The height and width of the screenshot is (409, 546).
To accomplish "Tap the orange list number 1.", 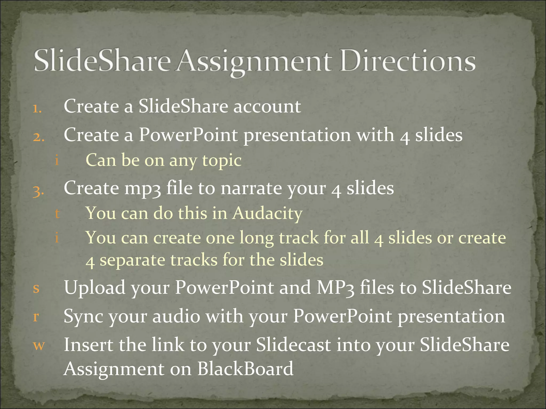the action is [x=37, y=109].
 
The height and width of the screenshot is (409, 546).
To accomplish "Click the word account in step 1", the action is [x=267, y=107].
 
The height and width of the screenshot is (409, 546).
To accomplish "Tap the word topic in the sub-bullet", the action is [x=222, y=161].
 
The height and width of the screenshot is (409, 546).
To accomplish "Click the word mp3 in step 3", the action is [x=143, y=189].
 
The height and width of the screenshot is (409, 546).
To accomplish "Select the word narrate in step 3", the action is [x=251, y=189].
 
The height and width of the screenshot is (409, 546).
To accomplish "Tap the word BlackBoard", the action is [x=245, y=369].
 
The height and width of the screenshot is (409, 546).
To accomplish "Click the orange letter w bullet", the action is [x=39, y=345].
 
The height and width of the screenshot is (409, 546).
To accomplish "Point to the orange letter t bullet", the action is [x=57, y=214].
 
